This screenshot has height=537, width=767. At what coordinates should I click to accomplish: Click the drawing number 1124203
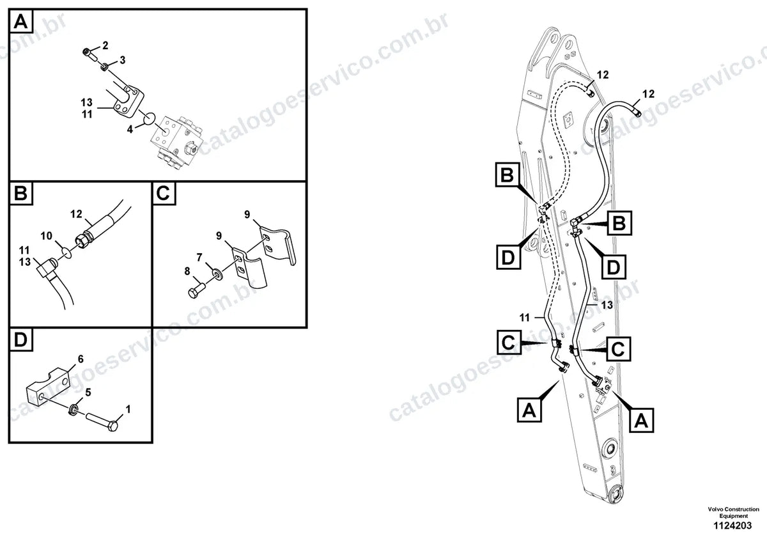pyautogui.click(x=732, y=525)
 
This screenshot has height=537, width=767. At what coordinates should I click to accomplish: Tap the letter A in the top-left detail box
pyautogui.click(x=20, y=22)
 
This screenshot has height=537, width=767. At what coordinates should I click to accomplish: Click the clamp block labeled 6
pyautogui.click(x=47, y=387)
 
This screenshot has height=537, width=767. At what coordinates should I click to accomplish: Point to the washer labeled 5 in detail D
pyautogui.click(x=74, y=409)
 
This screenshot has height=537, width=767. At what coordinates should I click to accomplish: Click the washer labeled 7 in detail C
pyautogui.click(x=217, y=274)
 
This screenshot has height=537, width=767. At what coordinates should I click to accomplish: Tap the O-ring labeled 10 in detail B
pyautogui.click(x=68, y=254)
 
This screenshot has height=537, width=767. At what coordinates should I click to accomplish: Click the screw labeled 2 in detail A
pyautogui.click(x=90, y=55)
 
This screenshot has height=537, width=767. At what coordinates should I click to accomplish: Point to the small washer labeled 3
pyautogui.click(x=105, y=66)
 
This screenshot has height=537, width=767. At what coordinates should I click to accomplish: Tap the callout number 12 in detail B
pyautogui.click(x=76, y=214)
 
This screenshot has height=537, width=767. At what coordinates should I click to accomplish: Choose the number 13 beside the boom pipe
pyautogui.click(x=607, y=304)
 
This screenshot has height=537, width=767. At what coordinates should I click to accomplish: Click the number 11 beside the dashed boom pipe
pyautogui.click(x=525, y=318)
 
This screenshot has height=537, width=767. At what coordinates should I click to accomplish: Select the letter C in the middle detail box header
pyautogui.click(x=164, y=193)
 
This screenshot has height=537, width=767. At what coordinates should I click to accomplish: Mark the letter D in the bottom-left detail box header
pyautogui.click(x=20, y=339)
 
